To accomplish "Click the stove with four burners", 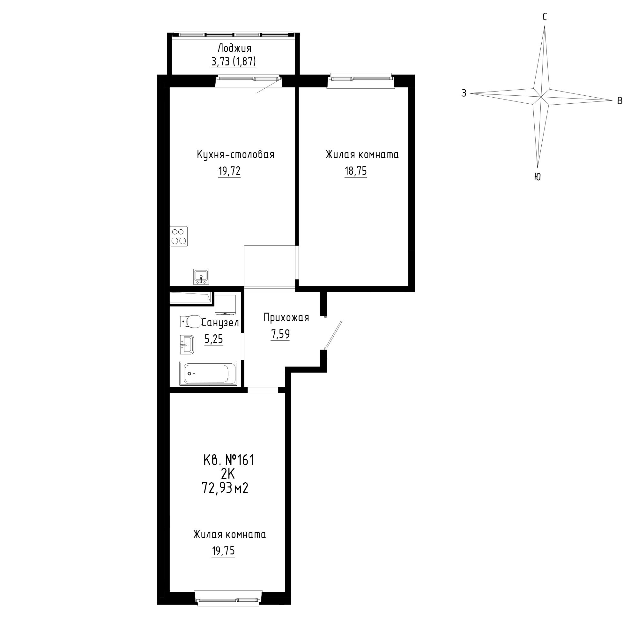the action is [179, 236].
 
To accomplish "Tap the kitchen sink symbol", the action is [201, 276].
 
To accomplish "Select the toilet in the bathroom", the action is [191, 321].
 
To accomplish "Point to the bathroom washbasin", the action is [187, 345].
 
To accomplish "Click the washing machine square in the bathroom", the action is [225, 304].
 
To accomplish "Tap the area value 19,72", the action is [229, 171].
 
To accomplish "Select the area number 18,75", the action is [356, 171].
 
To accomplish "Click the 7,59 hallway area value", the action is [280, 334].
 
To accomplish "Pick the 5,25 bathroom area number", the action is [214, 339].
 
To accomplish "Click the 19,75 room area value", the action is [223, 551].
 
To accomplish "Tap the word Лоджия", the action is [234, 48].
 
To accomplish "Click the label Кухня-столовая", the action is [235, 154].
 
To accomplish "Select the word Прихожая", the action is [286, 318].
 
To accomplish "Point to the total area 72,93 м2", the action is [225, 488].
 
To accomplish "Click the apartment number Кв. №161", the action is [229, 460].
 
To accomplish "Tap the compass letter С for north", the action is [545, 17].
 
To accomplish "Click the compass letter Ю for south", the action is [537, 177].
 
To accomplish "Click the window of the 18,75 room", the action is [360, 78].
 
